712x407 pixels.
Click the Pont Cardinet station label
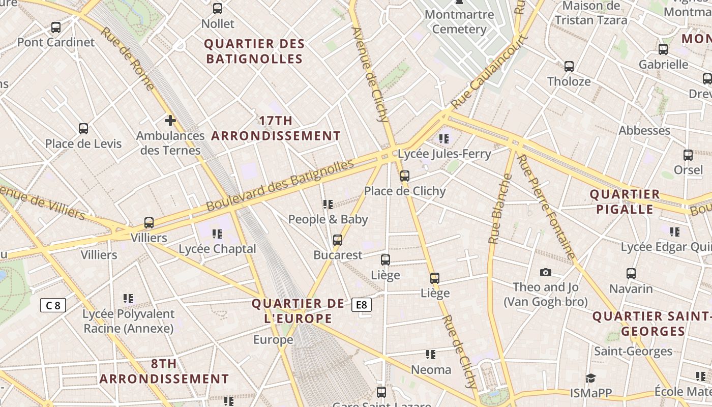[56, 42]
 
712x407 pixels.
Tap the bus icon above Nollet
[218, 9]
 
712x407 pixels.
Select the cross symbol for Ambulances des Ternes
[170, 121]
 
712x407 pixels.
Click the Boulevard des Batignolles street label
[280, 186]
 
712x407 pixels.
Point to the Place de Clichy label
[405, 191]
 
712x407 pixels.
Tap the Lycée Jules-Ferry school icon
[444, 138]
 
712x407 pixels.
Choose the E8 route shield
[362, 305]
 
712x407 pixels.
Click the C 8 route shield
[53, 305]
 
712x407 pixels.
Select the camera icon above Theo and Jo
[546, 273]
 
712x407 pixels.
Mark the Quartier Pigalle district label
[625, 201]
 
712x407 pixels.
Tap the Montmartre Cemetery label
[459, 21]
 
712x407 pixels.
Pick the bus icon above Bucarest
[338, 240]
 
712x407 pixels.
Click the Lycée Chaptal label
[217, 249]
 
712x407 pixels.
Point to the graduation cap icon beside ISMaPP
[590, 378]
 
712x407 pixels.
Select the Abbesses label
[644, 131]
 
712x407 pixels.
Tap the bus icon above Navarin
[631, 274]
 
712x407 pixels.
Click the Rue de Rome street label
[127, 58]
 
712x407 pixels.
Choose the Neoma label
[431, 370]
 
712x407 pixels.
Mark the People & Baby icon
[328, 205]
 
